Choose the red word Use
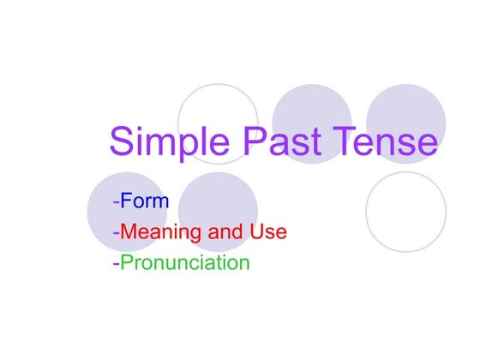coord(268,232)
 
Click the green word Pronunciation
coord(184,262)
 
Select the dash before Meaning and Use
coord(116,233)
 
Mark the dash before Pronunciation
coord(116,263)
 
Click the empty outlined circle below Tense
coord(406,212)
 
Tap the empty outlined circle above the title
coord(218,107)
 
